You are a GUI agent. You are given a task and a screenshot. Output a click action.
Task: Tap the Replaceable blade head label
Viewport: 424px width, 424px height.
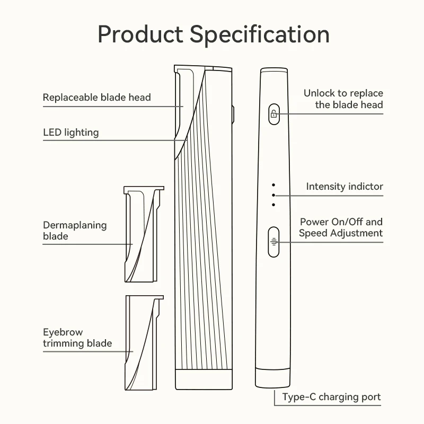coord(96,98)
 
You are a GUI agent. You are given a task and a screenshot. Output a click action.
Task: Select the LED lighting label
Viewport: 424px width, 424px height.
coord(70,132)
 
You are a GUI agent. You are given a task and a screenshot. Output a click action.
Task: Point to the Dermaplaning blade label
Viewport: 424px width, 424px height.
coord(75,230)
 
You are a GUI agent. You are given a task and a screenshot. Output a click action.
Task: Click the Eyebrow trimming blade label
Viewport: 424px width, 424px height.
coord(77,338)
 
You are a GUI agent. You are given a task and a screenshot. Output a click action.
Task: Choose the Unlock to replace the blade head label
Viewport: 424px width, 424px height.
coord(343,99)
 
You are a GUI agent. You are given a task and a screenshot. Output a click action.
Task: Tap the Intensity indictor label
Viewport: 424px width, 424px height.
coord(344,187)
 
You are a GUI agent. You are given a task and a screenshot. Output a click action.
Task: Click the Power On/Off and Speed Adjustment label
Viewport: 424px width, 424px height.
coord(341,227)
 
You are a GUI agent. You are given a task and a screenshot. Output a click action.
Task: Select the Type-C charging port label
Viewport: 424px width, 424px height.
coord(331,397)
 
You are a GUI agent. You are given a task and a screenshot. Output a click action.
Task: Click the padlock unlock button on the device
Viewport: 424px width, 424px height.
coord(273,113)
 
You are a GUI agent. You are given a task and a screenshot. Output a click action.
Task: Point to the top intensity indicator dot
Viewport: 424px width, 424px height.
coord(273,185)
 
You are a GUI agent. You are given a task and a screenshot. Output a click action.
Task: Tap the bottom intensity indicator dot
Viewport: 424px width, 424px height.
coord(273,205)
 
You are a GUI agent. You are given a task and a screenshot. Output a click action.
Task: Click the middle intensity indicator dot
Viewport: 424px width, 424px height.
coord(273,195)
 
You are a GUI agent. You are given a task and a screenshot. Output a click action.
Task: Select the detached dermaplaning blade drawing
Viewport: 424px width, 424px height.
coord(141,233)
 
